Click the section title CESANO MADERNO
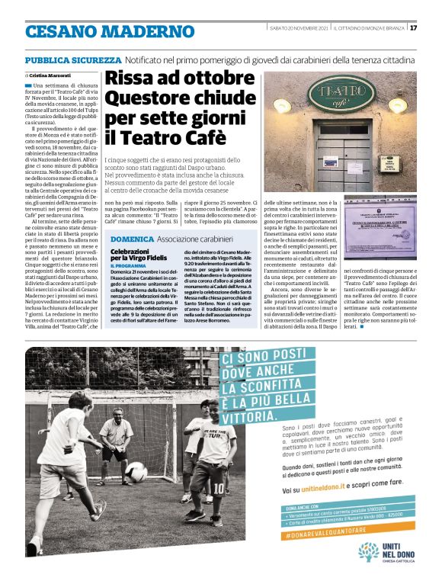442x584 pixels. click(x=110, y=32)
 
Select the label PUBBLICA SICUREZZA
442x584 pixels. click(x=73, y=59)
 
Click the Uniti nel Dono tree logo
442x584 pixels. click(x=369, y=550)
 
